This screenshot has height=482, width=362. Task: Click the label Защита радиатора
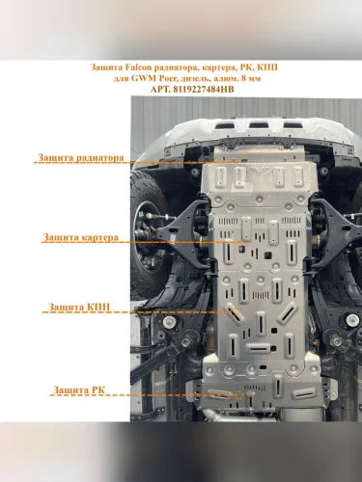click(81, 158)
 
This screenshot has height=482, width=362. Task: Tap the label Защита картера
click(80, 237)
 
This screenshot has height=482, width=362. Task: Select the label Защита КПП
click(79, 307)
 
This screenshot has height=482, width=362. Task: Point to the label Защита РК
click(79, 390)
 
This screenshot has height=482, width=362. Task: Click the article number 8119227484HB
click(204, 90)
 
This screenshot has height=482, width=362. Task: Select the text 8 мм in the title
click(252, 78)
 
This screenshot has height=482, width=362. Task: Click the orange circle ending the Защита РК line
click(239, 395)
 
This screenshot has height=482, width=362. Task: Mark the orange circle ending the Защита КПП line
click(235, 311)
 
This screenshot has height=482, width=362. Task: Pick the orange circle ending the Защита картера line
click(245, 242)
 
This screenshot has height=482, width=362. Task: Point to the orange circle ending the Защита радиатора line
click(242, 162)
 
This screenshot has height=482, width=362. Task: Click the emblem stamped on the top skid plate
click(258, 173)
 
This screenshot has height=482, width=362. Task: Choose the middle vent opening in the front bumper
click(258, 124)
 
